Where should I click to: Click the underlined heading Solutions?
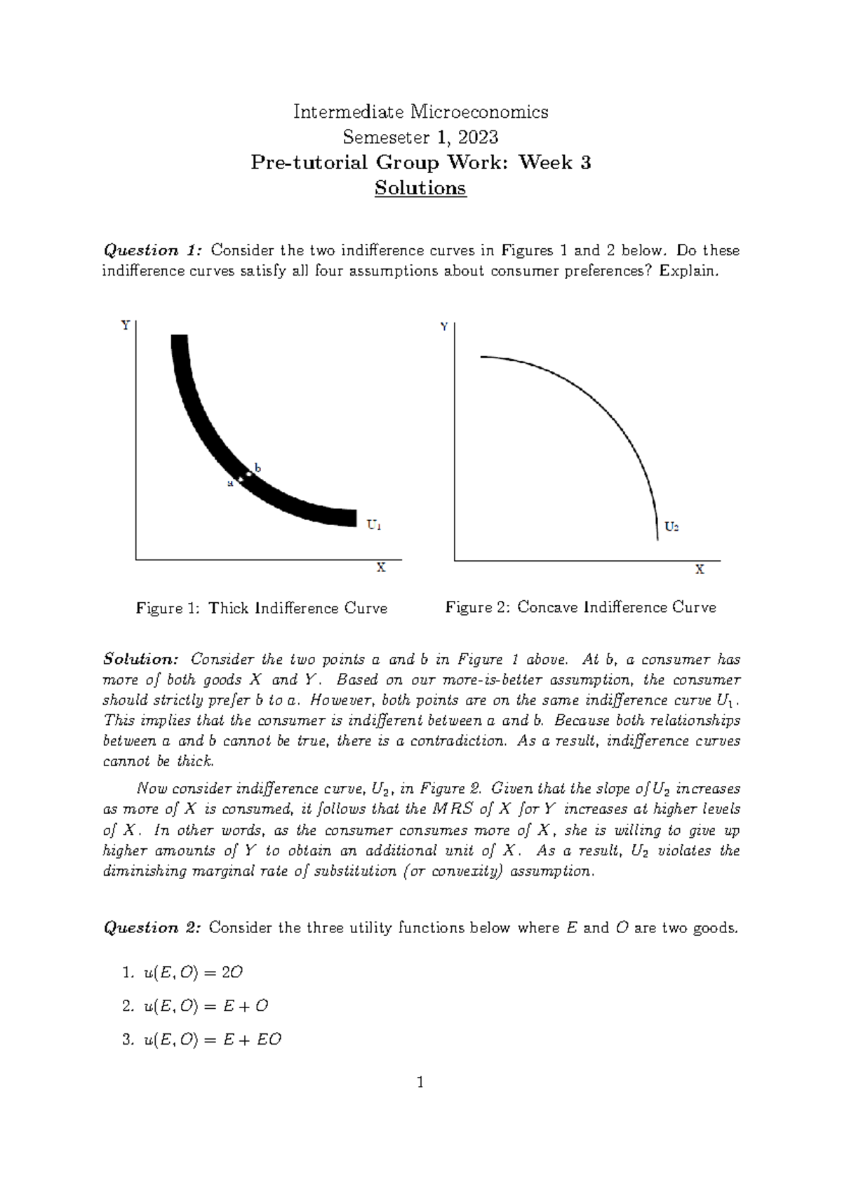(420, 189)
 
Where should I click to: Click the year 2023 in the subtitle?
(475, 137)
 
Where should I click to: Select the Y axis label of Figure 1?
(125, 325)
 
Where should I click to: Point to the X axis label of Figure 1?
(381, 568)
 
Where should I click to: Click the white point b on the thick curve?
(248, 475)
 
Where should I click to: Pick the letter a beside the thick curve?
(229, 484)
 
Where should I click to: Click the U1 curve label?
(374, 524)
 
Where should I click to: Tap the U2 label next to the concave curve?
(671, 526)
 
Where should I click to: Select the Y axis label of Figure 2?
(443, 327)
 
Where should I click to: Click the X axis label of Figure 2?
(700, 570)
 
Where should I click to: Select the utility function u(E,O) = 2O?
(193, 973)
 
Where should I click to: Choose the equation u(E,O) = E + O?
(206, 1007)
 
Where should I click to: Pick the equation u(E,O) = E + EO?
(212, 1040)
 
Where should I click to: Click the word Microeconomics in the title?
(479, 111)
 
